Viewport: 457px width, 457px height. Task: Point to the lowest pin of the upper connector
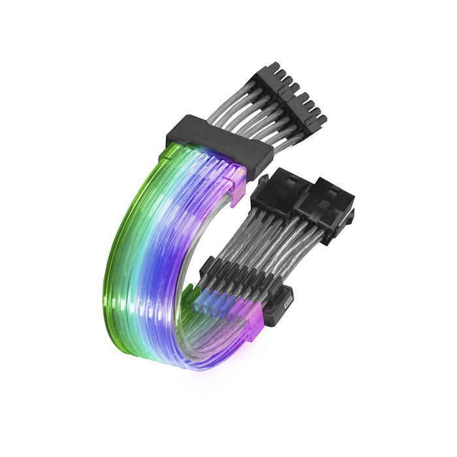tap(321, 121)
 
